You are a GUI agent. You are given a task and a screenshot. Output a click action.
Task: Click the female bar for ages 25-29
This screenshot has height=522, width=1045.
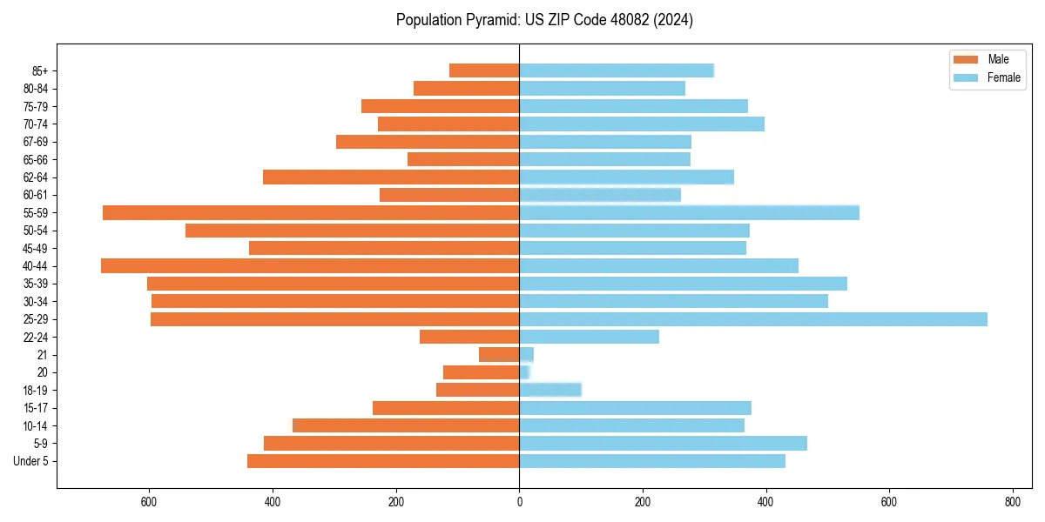753,319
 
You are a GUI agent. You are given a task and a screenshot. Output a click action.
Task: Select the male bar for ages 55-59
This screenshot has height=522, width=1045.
311,212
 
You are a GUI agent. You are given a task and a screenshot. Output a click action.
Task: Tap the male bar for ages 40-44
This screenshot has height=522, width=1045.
310,265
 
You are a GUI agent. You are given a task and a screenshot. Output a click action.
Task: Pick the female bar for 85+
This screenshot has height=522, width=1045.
617,70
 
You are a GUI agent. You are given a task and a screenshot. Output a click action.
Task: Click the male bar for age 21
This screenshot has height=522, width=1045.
499,355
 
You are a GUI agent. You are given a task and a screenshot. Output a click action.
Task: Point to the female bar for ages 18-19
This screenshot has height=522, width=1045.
550,390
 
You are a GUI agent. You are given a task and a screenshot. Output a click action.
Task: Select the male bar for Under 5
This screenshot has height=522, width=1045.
383,461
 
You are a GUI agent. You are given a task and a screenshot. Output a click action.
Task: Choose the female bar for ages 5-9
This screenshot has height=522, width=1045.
663,444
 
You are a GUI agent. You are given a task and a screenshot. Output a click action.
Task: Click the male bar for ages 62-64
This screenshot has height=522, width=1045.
391,177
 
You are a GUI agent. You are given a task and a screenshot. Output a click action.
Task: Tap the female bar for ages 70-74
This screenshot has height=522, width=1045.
642,124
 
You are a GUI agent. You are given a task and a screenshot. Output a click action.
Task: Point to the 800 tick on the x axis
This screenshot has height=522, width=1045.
1012,502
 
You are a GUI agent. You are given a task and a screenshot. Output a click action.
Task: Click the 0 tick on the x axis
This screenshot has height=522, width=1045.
519,502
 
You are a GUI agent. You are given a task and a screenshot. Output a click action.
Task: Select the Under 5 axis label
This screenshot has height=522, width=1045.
31,461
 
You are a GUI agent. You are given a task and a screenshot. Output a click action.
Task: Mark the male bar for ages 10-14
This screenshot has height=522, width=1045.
406,425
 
